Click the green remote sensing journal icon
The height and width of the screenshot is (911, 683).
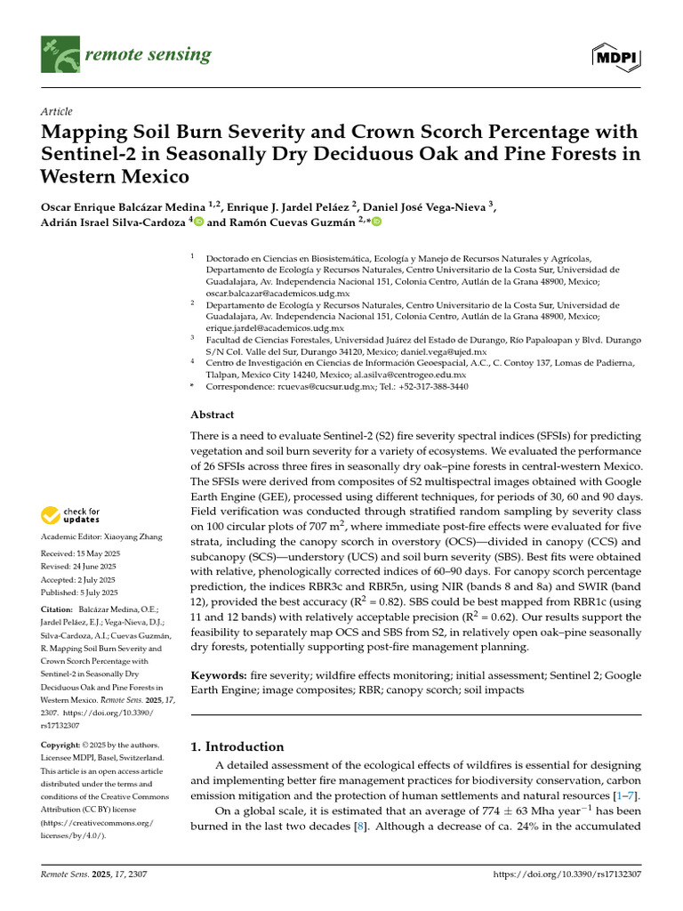click(x=60, y=55)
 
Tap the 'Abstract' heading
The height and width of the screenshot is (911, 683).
click(x=213, y=415)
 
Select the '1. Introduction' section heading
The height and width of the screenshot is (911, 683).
click(x=237, y=746)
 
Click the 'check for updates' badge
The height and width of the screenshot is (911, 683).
click(x=68, y=515)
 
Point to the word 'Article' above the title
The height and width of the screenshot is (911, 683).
click(x=57, y=111)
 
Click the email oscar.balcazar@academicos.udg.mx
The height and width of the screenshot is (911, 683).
click(x=277, y=293)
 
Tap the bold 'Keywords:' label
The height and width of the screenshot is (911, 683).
click(x=219, y=676)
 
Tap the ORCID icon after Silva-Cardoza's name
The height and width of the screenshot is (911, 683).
click(x=197, y=222)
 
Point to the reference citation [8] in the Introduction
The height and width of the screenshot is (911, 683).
click(x=360, y=826)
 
